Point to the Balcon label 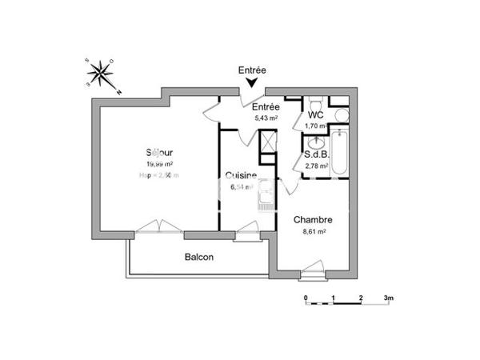[x=199, y=257]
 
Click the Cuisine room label [x=241, y=175]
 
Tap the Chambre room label [x=313, y=220]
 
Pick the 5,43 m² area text [x=266, y=118]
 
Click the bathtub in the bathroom [x=339, y=156]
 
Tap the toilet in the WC [x=317, y=103]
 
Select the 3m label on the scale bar [x=389, y=298]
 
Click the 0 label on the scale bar [x=306, y=298]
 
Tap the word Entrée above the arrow [x=253, y=70]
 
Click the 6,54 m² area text [x=241, y=187]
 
